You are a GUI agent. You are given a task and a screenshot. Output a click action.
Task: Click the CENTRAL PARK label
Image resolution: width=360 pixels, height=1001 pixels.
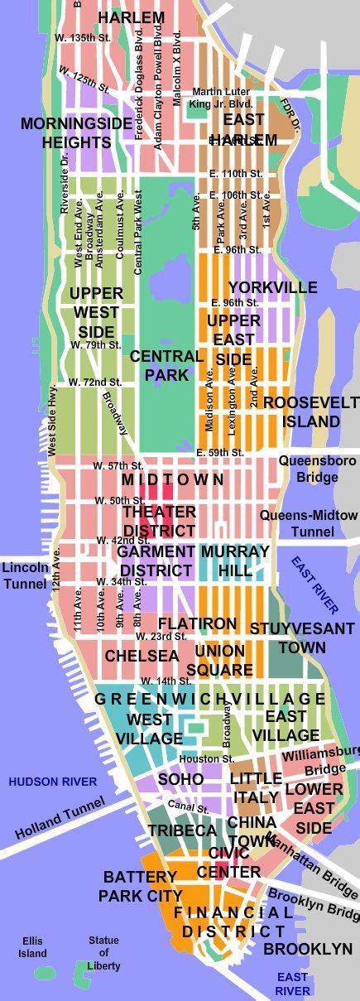click(x=166, y=365)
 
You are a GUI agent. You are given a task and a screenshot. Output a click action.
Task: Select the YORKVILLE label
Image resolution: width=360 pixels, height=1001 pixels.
click(x=272, y=287)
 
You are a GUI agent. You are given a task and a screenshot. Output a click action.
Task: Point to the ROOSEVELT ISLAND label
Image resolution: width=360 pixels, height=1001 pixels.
click(x=301, y=411)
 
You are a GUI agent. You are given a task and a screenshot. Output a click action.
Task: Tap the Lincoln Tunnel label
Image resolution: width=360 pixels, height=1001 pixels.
click(x=25, y=576)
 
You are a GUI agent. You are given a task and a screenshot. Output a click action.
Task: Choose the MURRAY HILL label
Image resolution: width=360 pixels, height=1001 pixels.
click(x=235, y=561)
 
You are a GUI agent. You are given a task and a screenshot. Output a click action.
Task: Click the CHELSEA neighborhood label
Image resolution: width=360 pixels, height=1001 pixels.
click(x=142, y=656)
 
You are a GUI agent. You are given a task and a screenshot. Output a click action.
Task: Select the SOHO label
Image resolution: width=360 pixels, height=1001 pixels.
click(x=180, y=780)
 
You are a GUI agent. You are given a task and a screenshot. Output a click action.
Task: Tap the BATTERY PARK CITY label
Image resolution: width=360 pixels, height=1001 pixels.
click(x=141, y=886)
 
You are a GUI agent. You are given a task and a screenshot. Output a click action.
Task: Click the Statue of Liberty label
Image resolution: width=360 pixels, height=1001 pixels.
click(x=103, y=953)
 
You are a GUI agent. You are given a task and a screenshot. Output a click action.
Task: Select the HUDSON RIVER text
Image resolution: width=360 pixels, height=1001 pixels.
click(x=52, y=782)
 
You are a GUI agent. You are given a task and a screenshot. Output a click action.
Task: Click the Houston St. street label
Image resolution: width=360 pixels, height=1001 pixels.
click(x=204, y=758)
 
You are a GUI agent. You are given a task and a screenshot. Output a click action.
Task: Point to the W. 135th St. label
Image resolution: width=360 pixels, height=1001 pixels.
click(x=82, y=38)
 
